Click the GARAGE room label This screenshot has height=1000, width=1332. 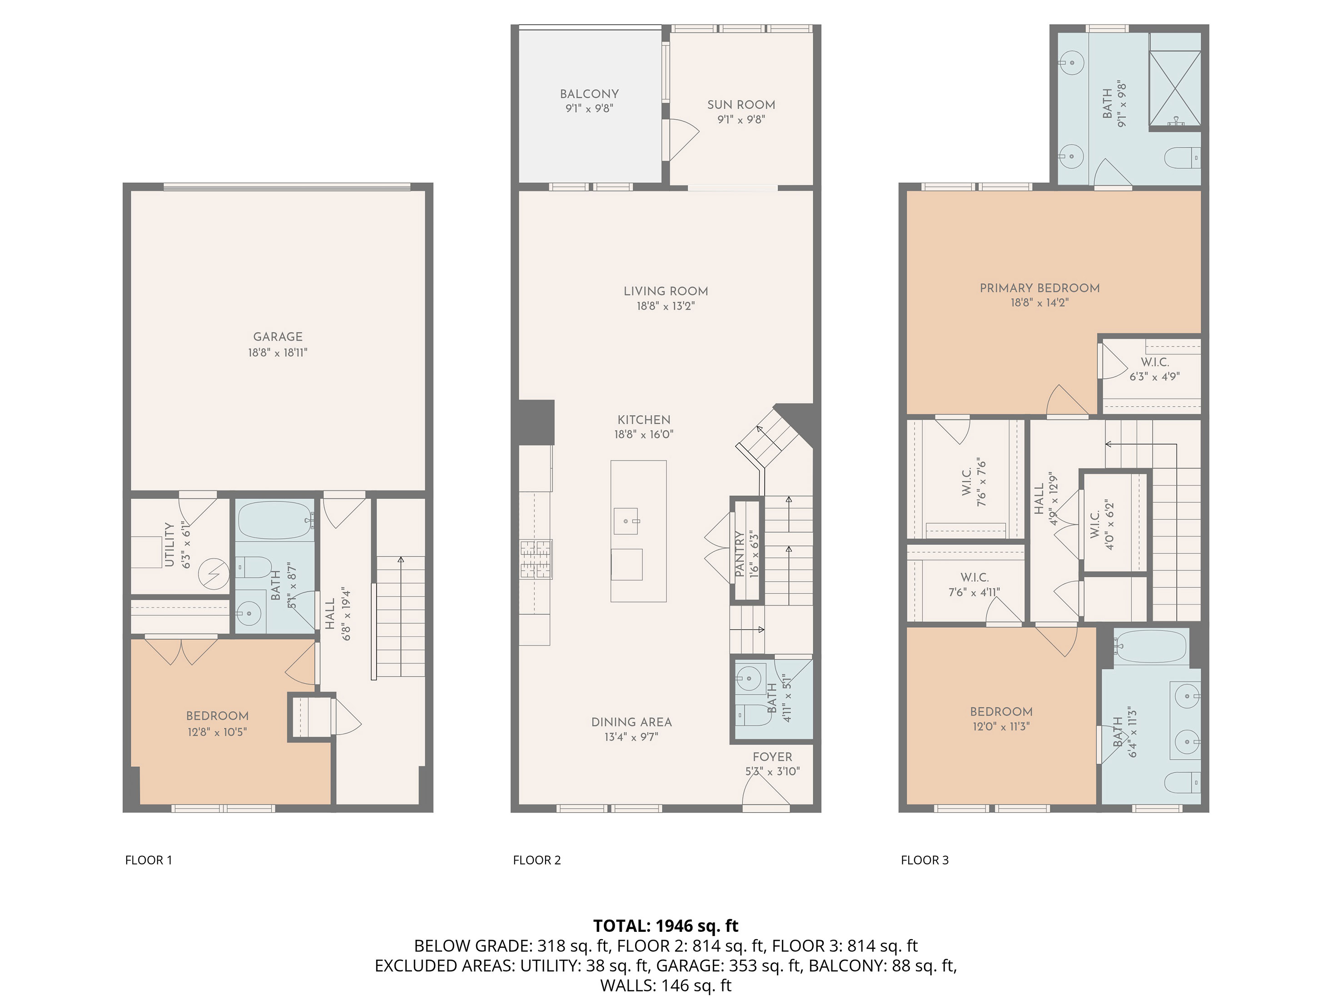278,337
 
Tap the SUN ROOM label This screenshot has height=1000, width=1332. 741,105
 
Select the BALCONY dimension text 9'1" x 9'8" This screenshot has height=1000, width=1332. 588,109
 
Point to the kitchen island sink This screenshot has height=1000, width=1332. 626,521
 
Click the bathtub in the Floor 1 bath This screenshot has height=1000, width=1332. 274,520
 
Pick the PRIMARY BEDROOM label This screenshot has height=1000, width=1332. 1039,288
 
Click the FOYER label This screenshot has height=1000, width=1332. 772,757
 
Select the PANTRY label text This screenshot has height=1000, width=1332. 740,554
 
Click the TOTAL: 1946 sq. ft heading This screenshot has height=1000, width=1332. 666,925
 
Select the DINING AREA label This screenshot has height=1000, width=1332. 631,722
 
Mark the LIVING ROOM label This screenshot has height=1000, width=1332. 666,291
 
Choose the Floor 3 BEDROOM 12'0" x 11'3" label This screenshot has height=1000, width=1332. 1001,711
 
